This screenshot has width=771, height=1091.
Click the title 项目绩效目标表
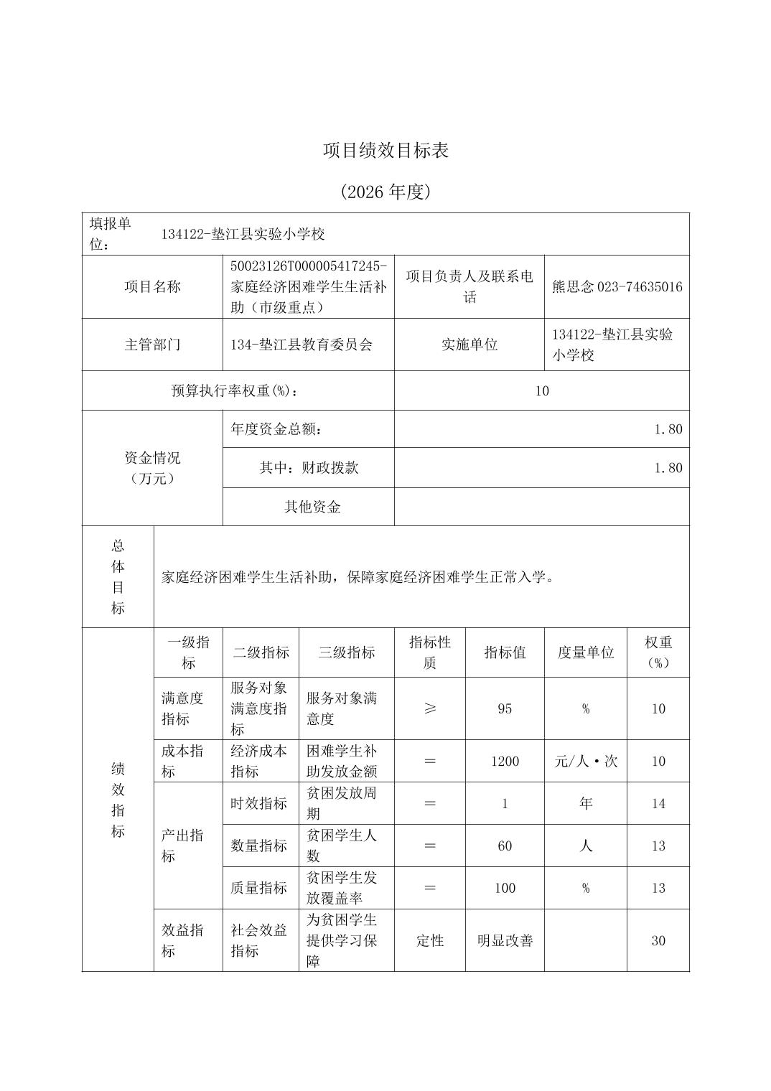[385, 151]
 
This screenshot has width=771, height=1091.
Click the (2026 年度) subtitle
[385, 192]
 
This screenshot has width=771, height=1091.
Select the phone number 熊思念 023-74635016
[617, 287]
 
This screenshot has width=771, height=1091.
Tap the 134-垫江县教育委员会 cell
[302, 345]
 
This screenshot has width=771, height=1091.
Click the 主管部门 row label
[152, 345]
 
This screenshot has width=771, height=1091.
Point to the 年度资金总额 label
[276, 429]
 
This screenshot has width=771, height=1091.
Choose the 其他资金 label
[312, 507]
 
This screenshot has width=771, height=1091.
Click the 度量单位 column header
[586, 652]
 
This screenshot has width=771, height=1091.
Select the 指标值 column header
[505, 652]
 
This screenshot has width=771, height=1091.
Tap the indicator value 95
[505, 708]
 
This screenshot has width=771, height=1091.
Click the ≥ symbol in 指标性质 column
[429, 708]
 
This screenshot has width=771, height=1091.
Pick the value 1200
[505, 761]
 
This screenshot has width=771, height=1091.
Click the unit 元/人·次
[586, 761]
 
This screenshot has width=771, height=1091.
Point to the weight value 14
[658, 803]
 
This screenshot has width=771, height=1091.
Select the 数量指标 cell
[258, 846]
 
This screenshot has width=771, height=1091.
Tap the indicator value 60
[505, 846]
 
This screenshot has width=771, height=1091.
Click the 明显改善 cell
[505, 940]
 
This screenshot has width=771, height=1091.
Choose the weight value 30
[658, 940]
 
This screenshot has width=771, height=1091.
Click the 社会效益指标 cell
[258, 940]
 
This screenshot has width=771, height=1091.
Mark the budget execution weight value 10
[542, 390]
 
